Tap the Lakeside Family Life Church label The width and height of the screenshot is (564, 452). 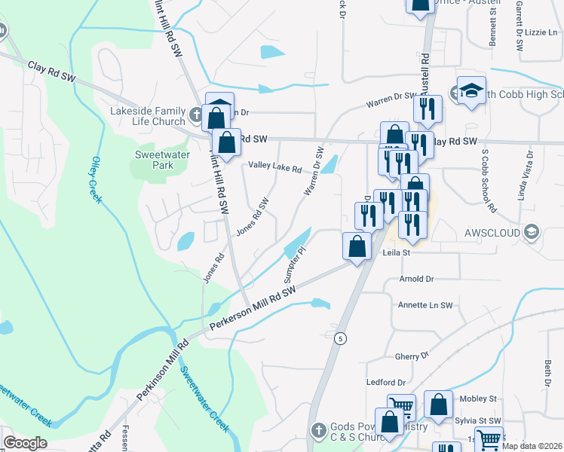tap(148, 116)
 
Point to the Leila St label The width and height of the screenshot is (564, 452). tap(395, 254)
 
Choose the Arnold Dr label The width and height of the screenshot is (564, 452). tap(419, 279)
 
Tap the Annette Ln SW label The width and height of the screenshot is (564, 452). tap(425, 305)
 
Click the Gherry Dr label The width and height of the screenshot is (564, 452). tap(412, 354)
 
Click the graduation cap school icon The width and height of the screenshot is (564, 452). tap(471, 92)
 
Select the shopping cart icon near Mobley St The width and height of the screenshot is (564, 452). tap(401, 407)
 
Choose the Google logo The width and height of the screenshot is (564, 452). tap(26, 443)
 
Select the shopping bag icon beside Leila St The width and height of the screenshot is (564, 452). tap(357, 246)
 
